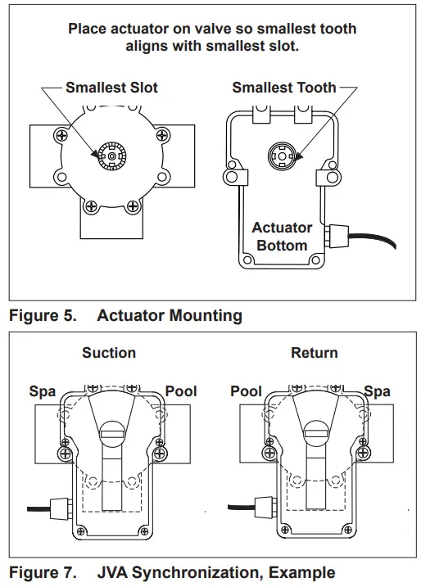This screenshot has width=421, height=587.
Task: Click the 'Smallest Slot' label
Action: [x=111, y=88]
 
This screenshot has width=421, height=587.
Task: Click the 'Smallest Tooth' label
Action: [x=283, y=88]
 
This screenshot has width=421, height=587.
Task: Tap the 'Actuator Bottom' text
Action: [x=282, y=237]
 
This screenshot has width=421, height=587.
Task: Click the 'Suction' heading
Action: [x=109, y=353]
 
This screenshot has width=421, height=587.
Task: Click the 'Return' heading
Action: [x=314, y=353]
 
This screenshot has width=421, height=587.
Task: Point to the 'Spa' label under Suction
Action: [x=43, y=391]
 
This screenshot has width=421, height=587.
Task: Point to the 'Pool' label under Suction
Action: [x=181, y=391]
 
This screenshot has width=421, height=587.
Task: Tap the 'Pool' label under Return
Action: [x=246, y=391]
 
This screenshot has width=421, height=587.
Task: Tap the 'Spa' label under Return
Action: [x=377, y=391]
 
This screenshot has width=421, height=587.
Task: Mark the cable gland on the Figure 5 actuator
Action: [x=333, y=237]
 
